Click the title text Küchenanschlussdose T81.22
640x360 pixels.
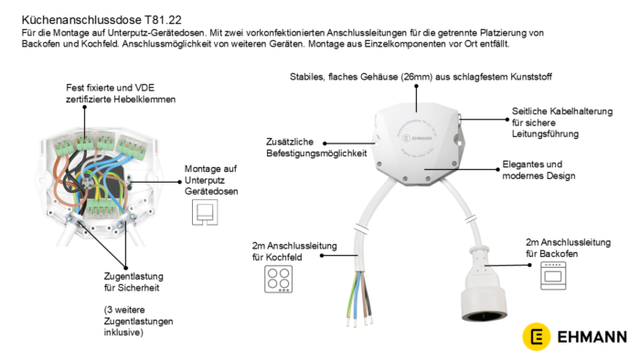[x=101, y=19]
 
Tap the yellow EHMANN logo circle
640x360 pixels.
[x=537, y=336]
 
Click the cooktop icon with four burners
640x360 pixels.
[x=278, y=279]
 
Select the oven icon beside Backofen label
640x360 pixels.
[x=553, y=276]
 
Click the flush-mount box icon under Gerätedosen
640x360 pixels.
[x=205, y=212]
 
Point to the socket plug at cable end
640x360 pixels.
[x=485, y=284]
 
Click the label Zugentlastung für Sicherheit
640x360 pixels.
[x=133, y=281]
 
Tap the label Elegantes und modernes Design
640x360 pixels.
[x=539, y=170]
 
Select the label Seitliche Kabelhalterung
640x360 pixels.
[x=562, y=111]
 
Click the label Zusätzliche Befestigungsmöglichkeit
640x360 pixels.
[x=316, y=147]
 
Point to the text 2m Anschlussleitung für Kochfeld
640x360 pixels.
[x=294, y=251]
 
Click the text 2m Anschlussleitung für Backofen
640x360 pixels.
[x=568, y=248]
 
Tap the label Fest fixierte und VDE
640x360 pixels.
[x=111, y=88]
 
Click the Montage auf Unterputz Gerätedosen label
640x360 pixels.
[x=211, y=180]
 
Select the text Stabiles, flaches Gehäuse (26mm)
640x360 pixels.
[x=361, y=77]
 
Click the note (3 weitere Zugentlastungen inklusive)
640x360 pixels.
[x=138, y=321]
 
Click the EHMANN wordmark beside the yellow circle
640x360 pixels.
[x=592, y=337]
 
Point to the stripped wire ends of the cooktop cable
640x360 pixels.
[x=359, y=322]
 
